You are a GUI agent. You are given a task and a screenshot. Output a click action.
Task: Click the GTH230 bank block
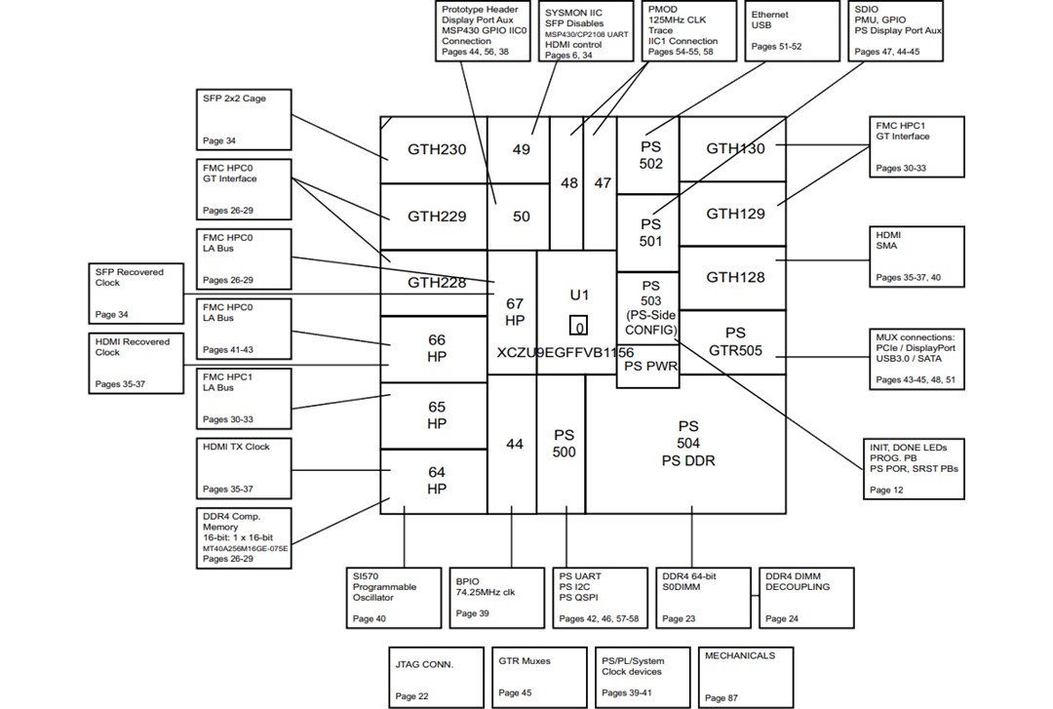[x=436, y=150]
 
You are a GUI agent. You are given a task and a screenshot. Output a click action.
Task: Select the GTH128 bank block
[x=736, y=277]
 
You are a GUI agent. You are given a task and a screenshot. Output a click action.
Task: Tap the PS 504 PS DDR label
[x=687, y=444]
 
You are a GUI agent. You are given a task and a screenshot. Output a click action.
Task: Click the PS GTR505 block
[x=734, y=341]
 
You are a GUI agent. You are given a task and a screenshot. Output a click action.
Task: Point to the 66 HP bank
[x=436, y=348]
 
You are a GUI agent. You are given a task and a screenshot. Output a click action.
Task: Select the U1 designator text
[x=579, y=295]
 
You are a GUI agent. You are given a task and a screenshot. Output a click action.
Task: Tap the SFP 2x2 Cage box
[x=244, y=120]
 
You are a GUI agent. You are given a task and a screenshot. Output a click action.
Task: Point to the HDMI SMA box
[x=916, y=256]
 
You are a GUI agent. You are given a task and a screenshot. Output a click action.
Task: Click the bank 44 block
[x=514, y=444]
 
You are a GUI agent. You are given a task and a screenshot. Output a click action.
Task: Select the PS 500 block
[x=565, y=444]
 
